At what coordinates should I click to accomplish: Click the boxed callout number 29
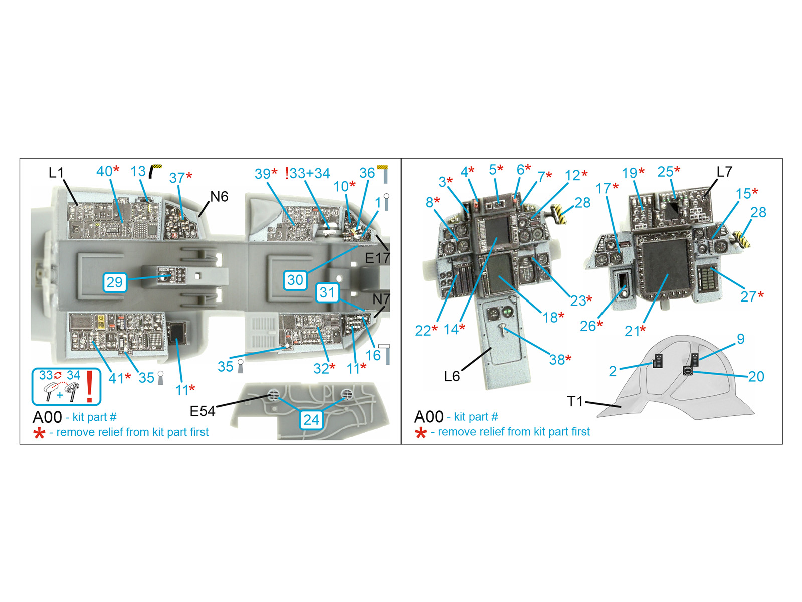click(114, 282)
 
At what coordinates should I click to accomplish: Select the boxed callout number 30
click(295, 280)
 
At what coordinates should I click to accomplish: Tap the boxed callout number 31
click(327, 292)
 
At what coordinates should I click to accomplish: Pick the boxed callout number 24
click(311, 419)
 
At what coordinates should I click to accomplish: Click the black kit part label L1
click(56, 173)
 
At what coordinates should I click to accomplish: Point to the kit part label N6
click(219, 197)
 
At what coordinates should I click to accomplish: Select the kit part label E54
click(203, 411)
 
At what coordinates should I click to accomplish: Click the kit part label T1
click(575, 401)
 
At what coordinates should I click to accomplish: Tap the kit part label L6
click(452, 376)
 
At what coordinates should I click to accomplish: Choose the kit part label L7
click(724, 172)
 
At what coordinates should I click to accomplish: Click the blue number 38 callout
click(557, 360)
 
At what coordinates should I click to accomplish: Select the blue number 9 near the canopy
click(741, 339)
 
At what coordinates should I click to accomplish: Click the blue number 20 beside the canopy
click(756, 376)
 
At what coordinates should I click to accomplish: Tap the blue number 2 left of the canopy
click(613, 371)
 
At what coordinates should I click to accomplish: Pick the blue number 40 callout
click(104, 171)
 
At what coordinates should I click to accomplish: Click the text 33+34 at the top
click(310, 173)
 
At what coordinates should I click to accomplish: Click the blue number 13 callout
click(138, 171)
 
